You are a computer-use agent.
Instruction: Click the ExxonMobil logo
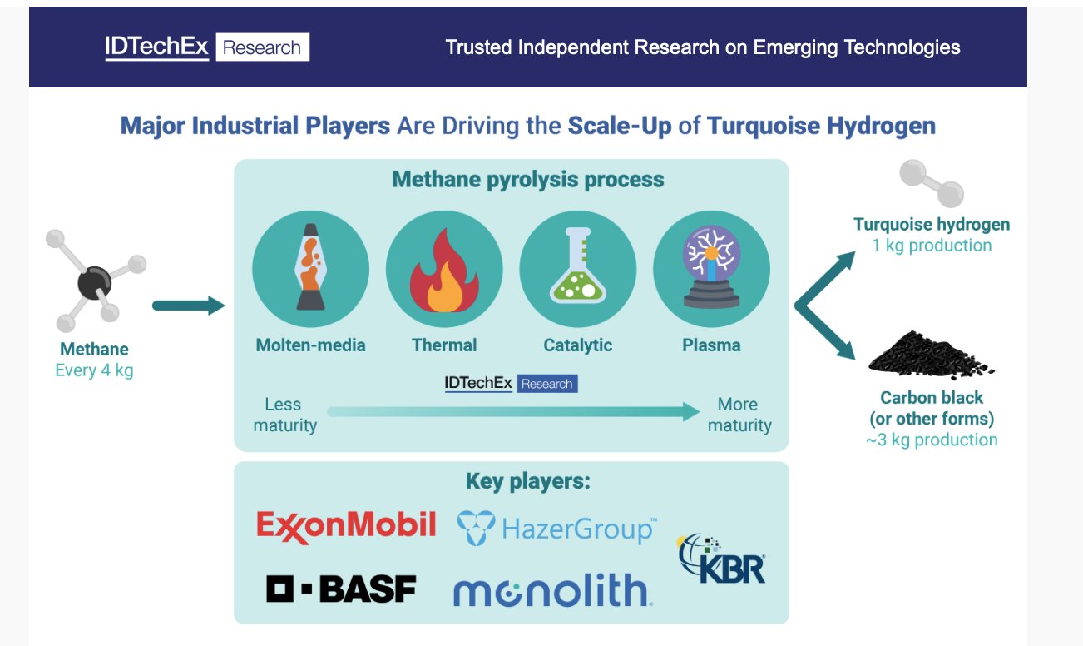pyautogui.click(x=346, y=527)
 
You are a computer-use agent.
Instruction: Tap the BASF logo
pyautogui.click(x=341, y=589)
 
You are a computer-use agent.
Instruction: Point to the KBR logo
pyautogui.click(x=721, y=559)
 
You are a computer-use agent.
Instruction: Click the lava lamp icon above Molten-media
pyautogui.click(x=310, y=266)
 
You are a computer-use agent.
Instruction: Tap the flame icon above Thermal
pyautogui.click(x=444, y=271)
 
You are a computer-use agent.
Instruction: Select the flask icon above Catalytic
pyautogui.click(x=578, y=266)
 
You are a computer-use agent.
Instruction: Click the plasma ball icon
pyautogui.click(x=711, y=266)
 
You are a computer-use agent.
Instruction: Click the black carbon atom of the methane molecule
pyautogui.click(x=94, y=282)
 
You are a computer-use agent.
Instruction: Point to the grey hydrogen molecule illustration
pyautogui.click(x=932, y=183)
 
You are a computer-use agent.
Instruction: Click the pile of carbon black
pyautogui.click(x=931, y=354)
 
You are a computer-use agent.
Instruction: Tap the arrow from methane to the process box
pyautogui.click(x=189, y=306)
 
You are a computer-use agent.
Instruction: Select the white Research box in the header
pyautogui.click(x=263, y=47)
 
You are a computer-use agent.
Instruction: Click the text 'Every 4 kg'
pyautogui.click(x=94, y=370)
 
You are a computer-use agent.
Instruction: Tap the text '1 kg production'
pyautogui.click(x=932, y=246)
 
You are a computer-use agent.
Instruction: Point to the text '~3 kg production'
pyautogui.click(x=932, y=440)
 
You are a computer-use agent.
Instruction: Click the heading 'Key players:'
pyautogui.click(x=528, y=482)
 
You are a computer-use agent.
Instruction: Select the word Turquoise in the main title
pyautogui.click(x=763, y=126)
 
